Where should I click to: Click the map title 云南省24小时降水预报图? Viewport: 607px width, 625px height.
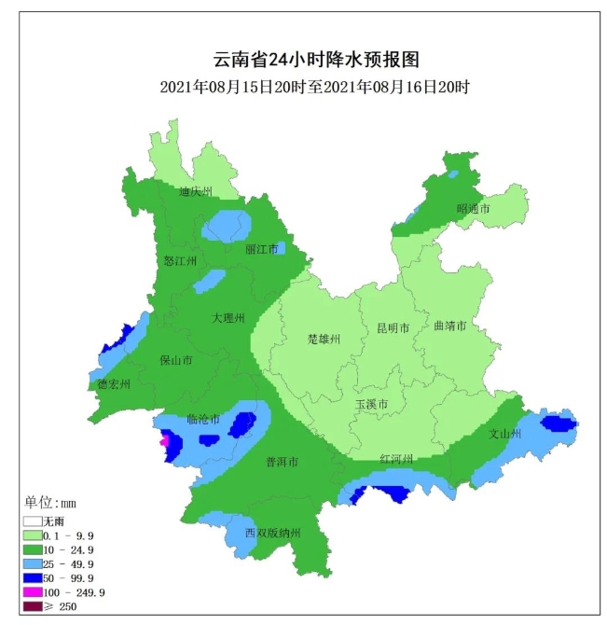[317, 60]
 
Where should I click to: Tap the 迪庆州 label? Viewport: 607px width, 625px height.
[196, 191]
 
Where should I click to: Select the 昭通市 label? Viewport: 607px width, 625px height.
[473, 209]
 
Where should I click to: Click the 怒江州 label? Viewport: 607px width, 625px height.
[180, 261]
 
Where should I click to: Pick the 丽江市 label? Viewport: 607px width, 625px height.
[262, 249]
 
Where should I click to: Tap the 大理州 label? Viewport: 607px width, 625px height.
[228, 318]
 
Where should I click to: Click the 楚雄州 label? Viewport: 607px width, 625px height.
[324, 340]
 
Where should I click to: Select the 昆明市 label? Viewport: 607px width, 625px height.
[393, 328]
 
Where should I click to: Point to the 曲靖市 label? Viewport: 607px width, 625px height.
[450, 326]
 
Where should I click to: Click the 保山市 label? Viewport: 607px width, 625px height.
[175, 360]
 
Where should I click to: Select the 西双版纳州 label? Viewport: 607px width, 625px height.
[273, 533]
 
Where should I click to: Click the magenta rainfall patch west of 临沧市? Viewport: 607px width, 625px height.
[166, 441]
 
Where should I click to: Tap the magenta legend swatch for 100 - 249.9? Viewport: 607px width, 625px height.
[33, 592]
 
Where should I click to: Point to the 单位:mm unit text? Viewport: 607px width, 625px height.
[52, 504]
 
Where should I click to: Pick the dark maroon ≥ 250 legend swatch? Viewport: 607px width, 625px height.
[33, 606]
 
